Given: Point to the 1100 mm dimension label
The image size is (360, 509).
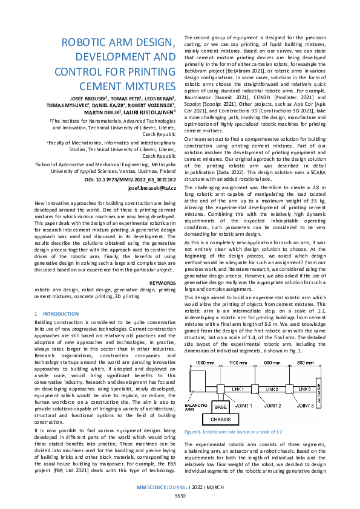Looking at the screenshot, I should [238, 361].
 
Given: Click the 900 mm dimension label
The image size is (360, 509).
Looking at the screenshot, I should [274, 361].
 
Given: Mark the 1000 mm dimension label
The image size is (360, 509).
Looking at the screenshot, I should [201, 361].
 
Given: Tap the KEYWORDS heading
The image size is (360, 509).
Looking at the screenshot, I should [162, 282].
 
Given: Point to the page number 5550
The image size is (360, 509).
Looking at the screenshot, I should [180, 495].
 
